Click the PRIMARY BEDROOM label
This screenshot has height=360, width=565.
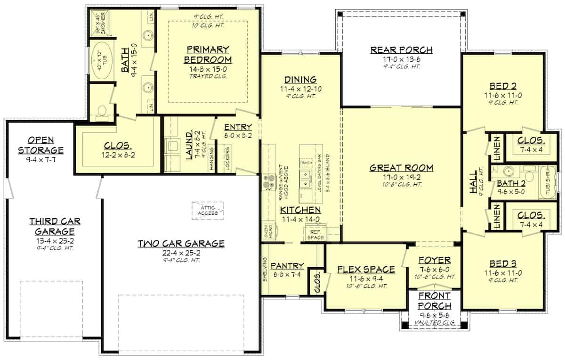(x=208, y=55)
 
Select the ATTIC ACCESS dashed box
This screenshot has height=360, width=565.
(x=207, y=210)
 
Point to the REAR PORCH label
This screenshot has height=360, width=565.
(x=401, y=50)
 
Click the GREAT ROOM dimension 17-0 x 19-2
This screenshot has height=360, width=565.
(x=401, y=178)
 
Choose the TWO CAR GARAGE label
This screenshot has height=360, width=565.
(x=181, y=243)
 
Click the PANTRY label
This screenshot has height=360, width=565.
(x=287, y=266)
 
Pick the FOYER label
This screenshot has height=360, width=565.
(x=435, y=260)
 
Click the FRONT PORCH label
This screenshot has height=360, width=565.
(x=434, y=301)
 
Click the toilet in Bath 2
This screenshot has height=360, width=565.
(x=529, y=176)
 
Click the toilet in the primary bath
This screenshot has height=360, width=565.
(x=100, y=111)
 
